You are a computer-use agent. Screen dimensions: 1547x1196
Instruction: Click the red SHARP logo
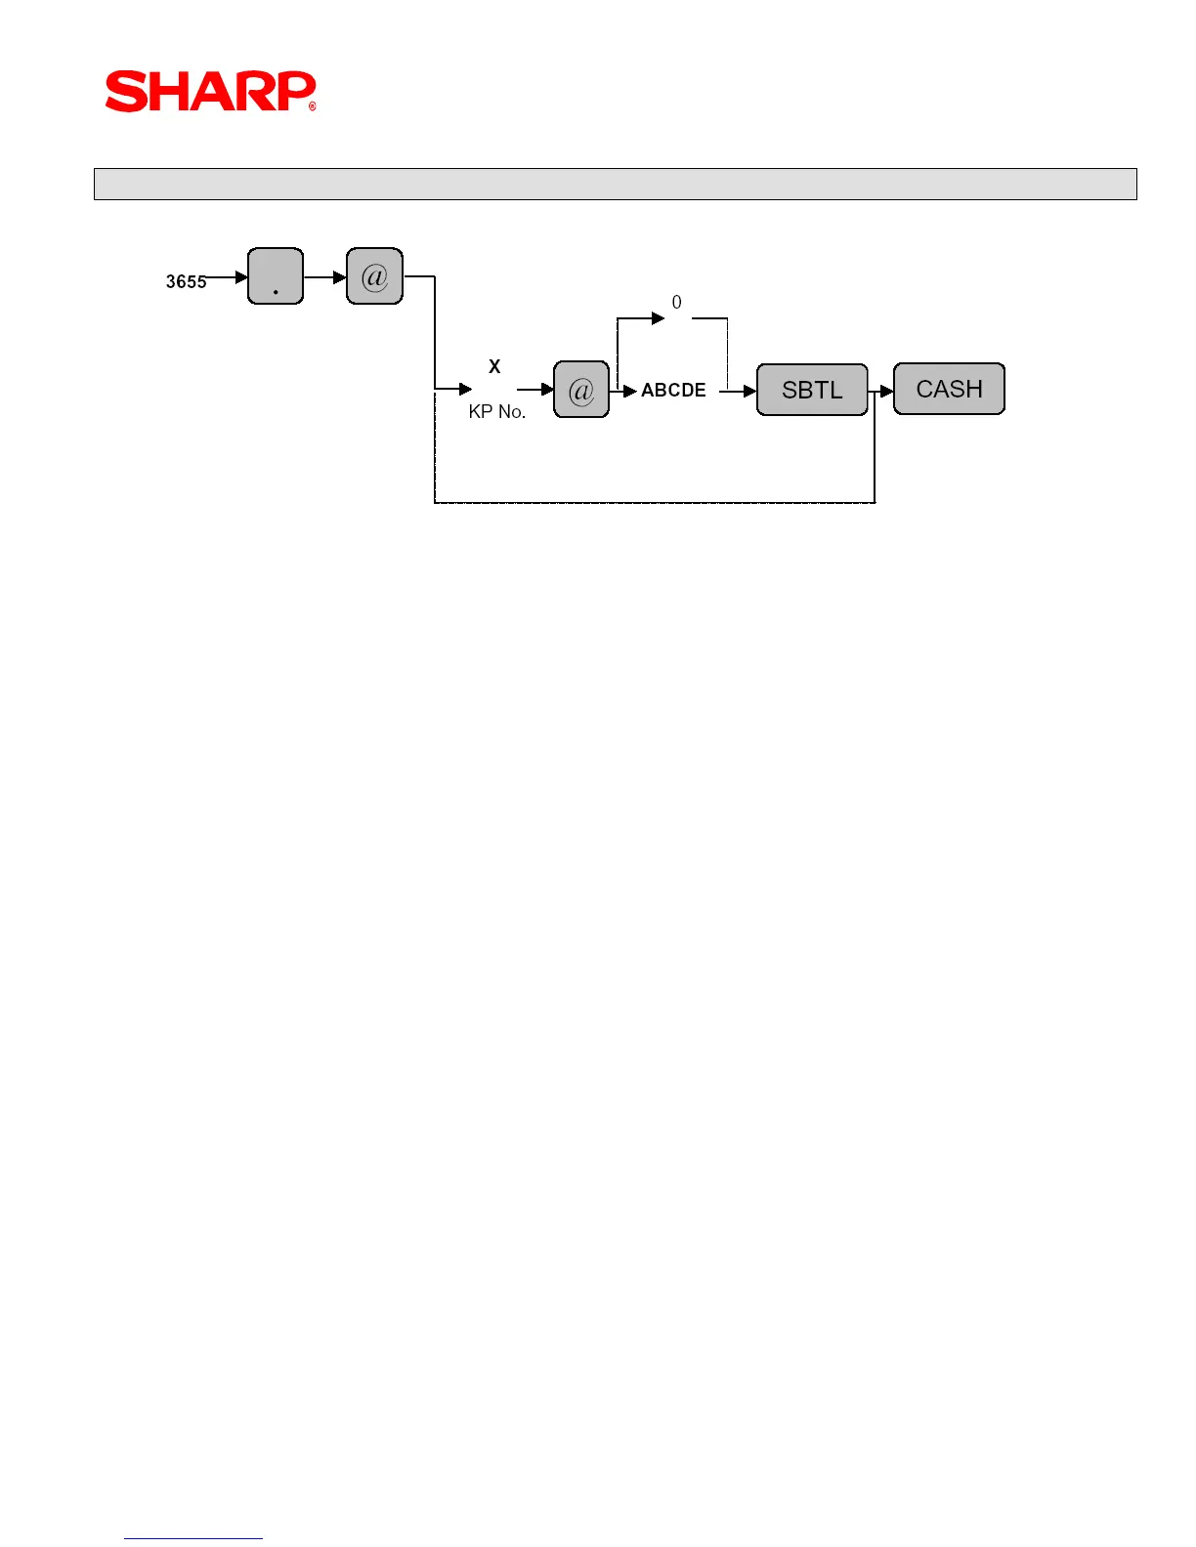(x=209, y=91)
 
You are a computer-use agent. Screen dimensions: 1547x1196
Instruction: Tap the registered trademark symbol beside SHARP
(x=313, y=106)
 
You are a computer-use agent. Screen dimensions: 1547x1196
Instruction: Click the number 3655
(x=186, y=281)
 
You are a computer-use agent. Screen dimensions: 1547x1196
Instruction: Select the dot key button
(x=276, y=276)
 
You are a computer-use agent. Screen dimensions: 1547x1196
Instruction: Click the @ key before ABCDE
(x=581, y=390)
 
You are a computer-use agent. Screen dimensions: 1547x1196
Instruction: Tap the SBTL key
(x=812, y=390)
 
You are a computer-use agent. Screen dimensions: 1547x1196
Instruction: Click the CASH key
(x=949, y=389)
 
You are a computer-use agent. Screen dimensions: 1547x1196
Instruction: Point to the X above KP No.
(x=494, y=366)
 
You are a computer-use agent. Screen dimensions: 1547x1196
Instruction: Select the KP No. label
(x=497, y=411)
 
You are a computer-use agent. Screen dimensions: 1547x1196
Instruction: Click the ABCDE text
(x=673, y=390)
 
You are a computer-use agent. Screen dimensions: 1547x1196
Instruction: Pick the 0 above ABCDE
(x=676, y=303)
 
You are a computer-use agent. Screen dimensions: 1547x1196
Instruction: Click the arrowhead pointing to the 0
(x=658, y=318)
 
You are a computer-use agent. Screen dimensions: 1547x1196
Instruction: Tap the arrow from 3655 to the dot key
(x=240, y=277)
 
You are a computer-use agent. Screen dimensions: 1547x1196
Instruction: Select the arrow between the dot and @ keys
(x=338, y=277)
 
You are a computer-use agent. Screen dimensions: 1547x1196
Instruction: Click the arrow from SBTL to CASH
(x=886, y=391)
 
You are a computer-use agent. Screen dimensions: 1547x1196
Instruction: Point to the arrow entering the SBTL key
(x=748, y=391)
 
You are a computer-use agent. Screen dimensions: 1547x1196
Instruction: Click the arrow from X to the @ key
(x=546, y=390)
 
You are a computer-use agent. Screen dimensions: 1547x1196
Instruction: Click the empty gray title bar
(x=615, y=184)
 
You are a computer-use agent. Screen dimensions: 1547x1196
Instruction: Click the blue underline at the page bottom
(x=192, y=1538)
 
